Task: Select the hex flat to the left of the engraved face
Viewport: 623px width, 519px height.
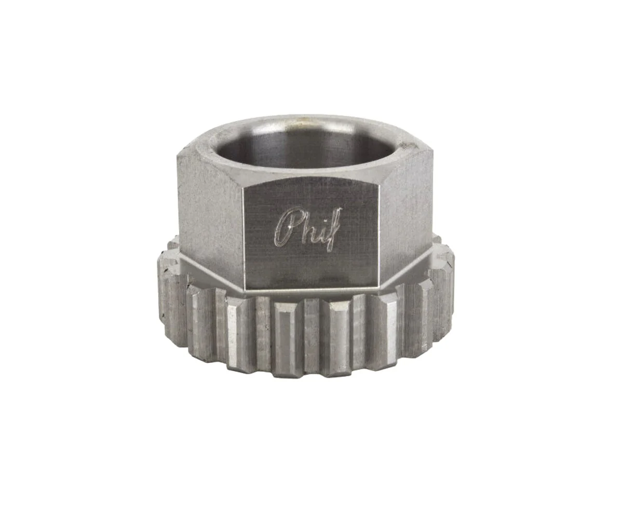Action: [210, 215]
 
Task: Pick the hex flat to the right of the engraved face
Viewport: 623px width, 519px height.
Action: [407, 212]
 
